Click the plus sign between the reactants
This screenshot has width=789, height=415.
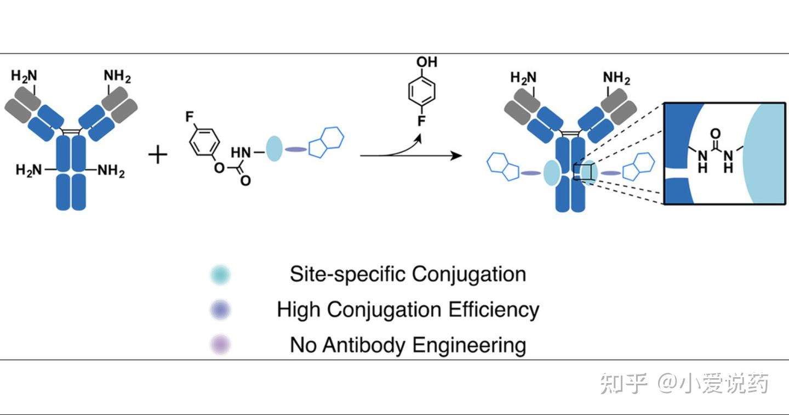(158, 156)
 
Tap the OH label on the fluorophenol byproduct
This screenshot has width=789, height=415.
(427, 62)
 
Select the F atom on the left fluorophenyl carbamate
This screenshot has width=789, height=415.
(190, 116)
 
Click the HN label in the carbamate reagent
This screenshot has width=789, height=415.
(241, 151)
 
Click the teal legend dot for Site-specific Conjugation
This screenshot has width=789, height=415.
(220, 275)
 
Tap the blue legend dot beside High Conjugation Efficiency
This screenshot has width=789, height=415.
(220, 310)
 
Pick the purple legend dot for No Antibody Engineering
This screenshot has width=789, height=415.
(220, 345)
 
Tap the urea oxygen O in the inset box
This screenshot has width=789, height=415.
(715, 134)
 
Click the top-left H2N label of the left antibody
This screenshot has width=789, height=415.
(24, 76)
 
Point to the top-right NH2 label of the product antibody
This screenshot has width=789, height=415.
(616, 78)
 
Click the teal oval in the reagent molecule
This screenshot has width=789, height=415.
(274, 149)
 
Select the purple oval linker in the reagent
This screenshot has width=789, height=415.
(294, 150)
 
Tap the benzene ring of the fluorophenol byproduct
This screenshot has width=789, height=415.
(422, 92)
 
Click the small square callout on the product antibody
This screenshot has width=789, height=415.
(582, 172)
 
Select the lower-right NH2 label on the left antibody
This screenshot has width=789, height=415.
(111, 172)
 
